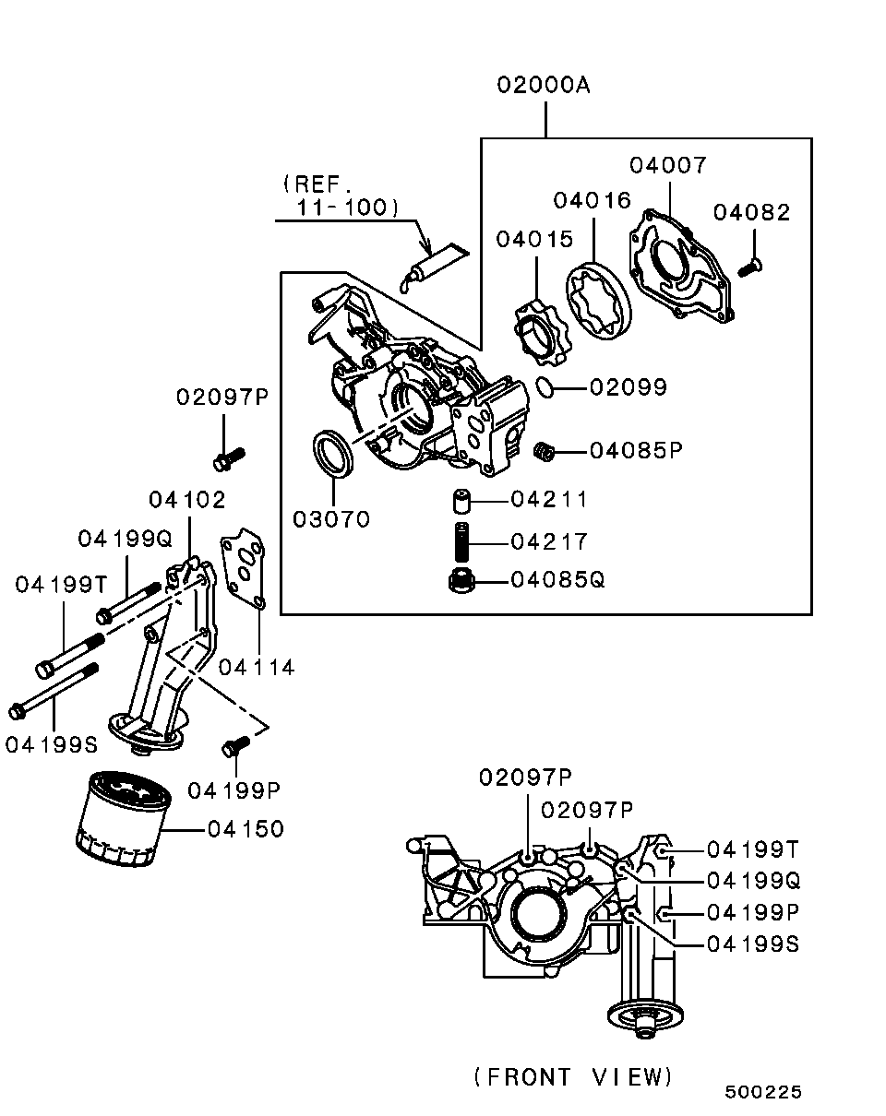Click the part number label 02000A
pos(544,86)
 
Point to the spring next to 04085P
pos(545,451)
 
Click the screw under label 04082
pos(749,268)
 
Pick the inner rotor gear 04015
pos(543,333)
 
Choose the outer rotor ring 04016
pos(598,302)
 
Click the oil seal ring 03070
pos(333,451)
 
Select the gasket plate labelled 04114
pos(243,568)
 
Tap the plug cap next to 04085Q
pos(461,580)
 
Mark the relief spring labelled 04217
pos(461,542)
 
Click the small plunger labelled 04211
pos(461,501)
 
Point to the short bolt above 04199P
pos(235,746)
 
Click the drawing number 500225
pos(763,1092)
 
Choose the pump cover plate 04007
pos(681,266)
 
